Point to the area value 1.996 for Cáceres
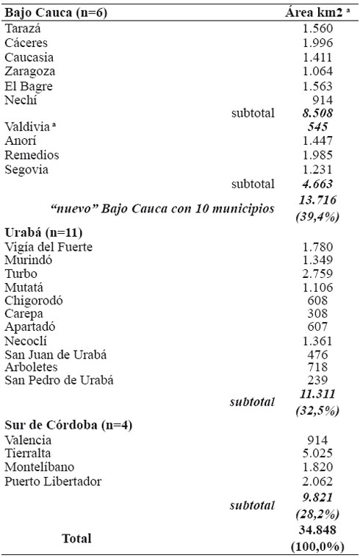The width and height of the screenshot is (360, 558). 318,43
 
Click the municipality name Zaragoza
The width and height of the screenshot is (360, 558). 30,71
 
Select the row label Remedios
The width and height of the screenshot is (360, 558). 32,155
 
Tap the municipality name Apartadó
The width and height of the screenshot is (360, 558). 30,326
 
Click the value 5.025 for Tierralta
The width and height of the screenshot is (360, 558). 318,454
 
